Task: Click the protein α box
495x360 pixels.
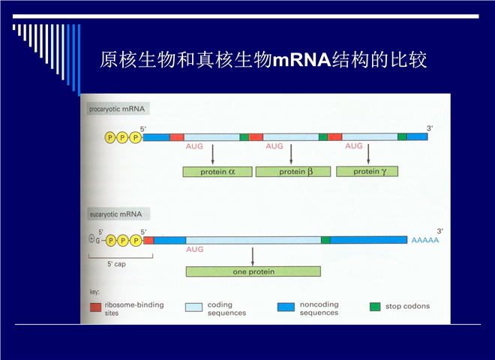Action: [217, 172]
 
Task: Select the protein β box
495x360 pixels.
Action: [293, 172]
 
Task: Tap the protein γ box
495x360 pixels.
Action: [367, 172]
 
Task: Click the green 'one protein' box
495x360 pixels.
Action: [253, 271]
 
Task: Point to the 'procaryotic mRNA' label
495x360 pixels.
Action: [117, 109]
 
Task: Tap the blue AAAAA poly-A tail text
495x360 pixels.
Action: [425, 240]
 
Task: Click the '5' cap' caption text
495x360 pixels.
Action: [116, 264]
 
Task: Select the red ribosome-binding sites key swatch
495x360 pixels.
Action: [96, 307]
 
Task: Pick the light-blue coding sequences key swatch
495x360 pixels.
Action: [193, 307]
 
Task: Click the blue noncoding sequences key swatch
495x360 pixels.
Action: [286, 307]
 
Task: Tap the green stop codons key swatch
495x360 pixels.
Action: [375, 307]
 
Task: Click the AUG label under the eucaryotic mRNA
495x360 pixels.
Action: [194, 250]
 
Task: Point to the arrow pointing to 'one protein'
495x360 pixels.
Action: [253, 256]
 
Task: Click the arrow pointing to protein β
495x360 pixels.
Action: [291, 154]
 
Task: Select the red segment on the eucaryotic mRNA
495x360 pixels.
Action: [148, 240]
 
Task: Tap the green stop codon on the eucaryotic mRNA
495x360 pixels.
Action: [325, 240]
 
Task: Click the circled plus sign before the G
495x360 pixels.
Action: [91, 239]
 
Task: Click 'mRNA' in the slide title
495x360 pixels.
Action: [301, 60]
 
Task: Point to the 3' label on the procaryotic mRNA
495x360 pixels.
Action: [430, 128]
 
